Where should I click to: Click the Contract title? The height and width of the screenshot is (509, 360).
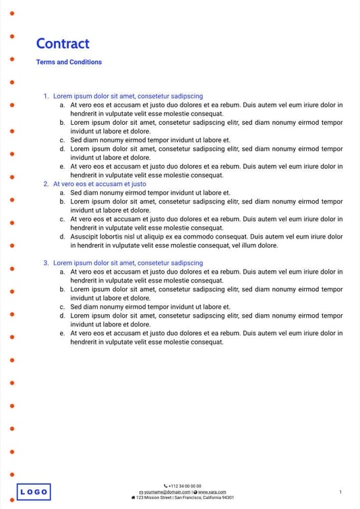[63, 44]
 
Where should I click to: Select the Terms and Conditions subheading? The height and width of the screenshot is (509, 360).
[69, 62]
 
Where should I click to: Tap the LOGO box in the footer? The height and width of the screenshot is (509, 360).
[33, 492]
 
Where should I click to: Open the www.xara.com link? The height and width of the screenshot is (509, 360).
[212, 492]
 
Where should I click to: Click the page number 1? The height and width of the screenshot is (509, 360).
[340, 492]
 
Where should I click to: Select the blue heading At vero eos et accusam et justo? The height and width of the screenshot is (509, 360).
[100, 184]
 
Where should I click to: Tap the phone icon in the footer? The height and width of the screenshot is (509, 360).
[166, 486]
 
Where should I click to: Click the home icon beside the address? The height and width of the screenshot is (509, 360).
[133, 498]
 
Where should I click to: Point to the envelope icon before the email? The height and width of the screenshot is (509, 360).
[141, 492]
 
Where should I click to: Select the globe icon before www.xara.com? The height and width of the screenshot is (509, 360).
[195, 492]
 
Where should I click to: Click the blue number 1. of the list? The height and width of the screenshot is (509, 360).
[46, 96]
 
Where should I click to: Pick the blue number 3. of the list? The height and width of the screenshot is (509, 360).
[46, 263]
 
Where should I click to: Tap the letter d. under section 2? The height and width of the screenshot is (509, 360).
[62, 237]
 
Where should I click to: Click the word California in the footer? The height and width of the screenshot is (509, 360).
[209, 498]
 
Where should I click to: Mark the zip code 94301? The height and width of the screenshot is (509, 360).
[228, 498]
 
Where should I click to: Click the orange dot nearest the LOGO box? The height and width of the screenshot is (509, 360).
[12, 475]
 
